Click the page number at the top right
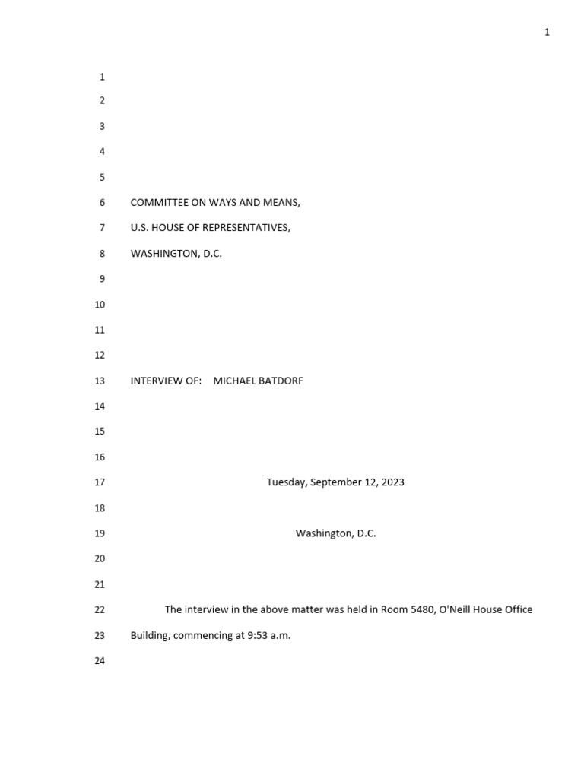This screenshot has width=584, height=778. click(x=547, y=32)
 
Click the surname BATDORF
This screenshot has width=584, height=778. click(x=281, y=381)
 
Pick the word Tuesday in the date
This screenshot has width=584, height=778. click(x=286, y=482)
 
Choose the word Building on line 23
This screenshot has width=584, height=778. click(x=150, y=635)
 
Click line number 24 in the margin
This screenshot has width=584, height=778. click(x=99, y=661)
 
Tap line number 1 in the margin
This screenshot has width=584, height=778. click(x=102, y=77)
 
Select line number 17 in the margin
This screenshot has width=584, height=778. click(x=99, y=482)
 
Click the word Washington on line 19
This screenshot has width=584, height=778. click(x=324, y=533)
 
